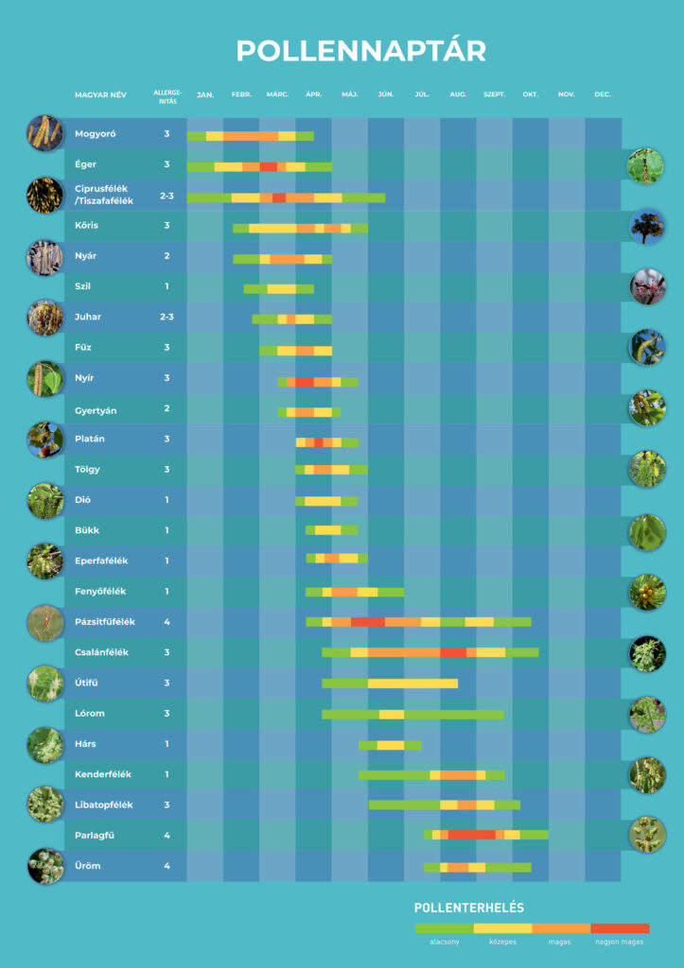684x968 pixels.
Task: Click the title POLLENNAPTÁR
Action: click(x=360, y=51)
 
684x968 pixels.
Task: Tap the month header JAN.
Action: click(x=205, y=95)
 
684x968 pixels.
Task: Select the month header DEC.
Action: click(x=603, y=95)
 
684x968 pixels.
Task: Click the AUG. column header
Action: click(x=458, y=95)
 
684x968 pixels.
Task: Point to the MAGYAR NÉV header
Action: click(x=101, y=95)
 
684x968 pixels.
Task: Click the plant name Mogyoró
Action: click(x=96, y=134)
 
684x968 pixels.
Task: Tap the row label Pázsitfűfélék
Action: click(x=105, y=621)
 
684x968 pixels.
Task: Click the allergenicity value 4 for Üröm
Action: click(x=167, y=866)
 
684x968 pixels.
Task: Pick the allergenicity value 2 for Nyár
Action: click(x=167, y=256)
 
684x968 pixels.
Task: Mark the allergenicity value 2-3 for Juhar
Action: click(x=167, y=317)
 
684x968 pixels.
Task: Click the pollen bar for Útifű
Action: click(x=390, y=683)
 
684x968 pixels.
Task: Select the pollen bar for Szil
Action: click(x=278, y=288)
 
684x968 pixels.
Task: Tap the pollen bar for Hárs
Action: click(x=390, y=745)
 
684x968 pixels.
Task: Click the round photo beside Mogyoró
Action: click(x=44, y=132)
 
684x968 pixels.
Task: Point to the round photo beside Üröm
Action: click(x=45, y=866)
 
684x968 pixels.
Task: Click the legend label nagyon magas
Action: click(x=620, y=942)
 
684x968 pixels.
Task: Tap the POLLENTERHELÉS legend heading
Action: click(x=469, y=907)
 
